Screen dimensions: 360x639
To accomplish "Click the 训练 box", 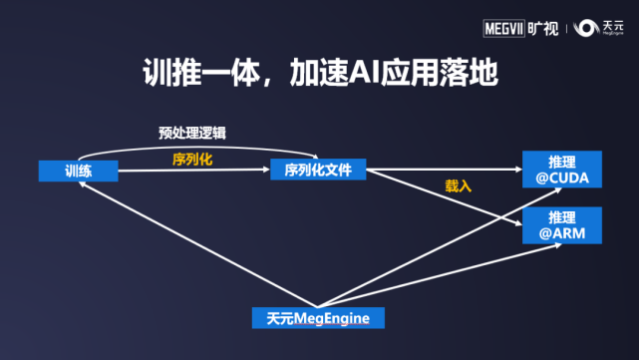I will click(x=79, y=171).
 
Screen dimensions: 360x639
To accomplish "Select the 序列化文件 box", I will click(x=318, y=170).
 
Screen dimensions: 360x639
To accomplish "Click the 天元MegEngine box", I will click(x=318, y=318).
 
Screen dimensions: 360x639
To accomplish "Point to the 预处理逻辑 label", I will click(x=199, y=132).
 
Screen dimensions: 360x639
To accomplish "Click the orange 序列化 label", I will click(x=192, y=158).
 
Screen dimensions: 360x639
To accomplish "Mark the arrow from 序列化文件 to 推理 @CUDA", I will click(x=444, y=170).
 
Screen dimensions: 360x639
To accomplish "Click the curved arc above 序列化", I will click(x=189, y=145).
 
